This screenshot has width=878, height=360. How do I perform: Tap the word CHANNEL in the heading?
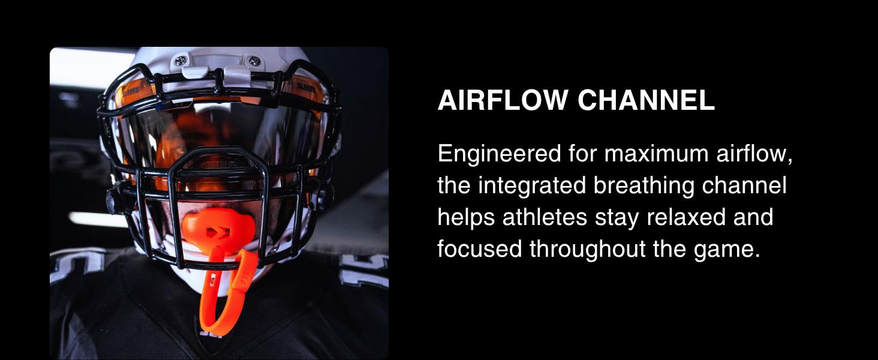coord(646,101)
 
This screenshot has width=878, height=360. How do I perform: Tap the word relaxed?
coord(674,217)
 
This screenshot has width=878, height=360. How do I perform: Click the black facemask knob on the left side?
coord(111,196)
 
